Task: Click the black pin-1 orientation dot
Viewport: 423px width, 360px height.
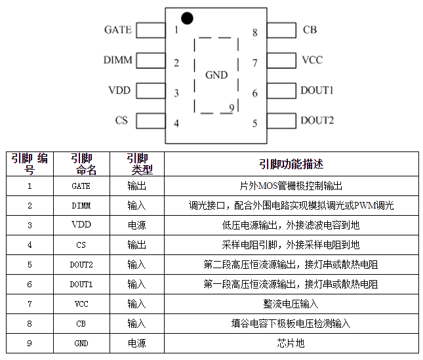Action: tap(187, 18)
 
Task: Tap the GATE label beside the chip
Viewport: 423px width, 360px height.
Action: tap(118, 30)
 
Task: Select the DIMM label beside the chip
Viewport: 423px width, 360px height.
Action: tap(118, 60)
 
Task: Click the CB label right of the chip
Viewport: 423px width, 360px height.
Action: tap(310, 30)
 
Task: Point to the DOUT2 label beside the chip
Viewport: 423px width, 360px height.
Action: tap(317, 120)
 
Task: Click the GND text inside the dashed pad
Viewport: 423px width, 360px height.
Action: tap(216, 75)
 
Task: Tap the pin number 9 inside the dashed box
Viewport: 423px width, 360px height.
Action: tap(232, 107)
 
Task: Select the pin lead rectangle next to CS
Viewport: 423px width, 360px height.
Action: tap(150, 120)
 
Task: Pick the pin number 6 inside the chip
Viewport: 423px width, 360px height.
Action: tap(254, 92)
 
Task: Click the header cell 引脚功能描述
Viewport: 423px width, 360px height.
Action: tap(291, 164)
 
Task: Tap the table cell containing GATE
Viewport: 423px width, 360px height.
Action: tap(81, 186)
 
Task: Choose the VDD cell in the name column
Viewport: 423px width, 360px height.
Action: tap(81, 225)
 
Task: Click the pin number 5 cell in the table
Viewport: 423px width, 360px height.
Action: tap(30, 265)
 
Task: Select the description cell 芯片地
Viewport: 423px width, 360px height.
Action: tap(291, 344)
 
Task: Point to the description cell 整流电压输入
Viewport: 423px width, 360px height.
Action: tap(291, 304)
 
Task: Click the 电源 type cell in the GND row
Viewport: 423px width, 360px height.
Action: tap(136, 344)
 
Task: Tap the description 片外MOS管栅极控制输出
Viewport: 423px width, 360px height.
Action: tap(291, 186)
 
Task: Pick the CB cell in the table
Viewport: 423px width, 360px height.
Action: tap(81, 324)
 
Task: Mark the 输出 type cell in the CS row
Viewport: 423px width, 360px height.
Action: tap(136, 245)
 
